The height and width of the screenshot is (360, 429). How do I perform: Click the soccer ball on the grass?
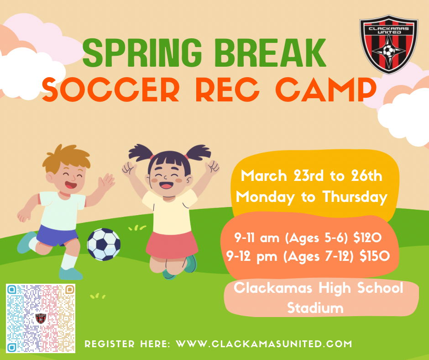tap(104, 244)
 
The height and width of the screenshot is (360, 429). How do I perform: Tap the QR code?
tap(41, 318)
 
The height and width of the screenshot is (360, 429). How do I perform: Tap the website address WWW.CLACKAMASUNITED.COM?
tap(264, 344)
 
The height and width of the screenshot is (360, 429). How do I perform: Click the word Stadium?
tap(315, 308)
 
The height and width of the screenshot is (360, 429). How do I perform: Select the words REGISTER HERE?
tap(128, 344)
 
